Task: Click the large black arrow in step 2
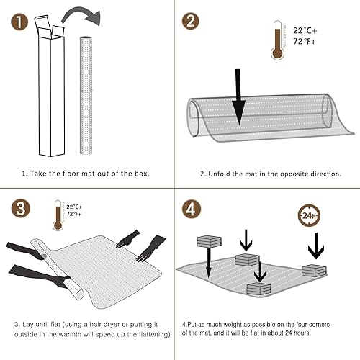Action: pyautogui.click(x=238, y=97)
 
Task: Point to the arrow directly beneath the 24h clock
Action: pyautogui.click(x=315, y=249)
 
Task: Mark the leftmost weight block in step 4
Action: pyautogui.click(x=209, y=242)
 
